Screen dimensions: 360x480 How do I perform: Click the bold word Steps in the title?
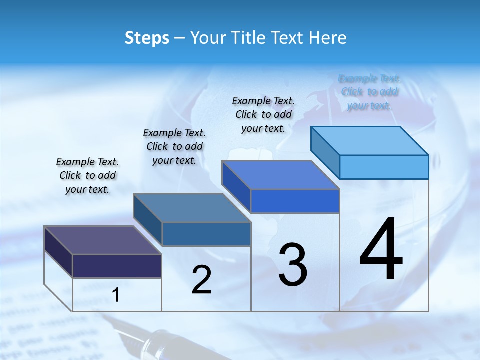(x=147, y=38)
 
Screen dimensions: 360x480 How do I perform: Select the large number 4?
(x=381, y=249)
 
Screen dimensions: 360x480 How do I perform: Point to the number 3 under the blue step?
(x=292, y=265)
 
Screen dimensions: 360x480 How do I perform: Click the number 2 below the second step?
(x=201, y=280)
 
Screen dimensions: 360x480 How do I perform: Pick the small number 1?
(x=116, y=295)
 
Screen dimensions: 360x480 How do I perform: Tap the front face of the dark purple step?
(x=117, y=266)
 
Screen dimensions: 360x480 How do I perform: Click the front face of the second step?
(x=206, y=234)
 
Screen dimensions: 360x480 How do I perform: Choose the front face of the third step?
(x=295, y=201)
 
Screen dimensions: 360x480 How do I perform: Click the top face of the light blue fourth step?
(x=369, y=140)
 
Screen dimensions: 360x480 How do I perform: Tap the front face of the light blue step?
(x=384, y=167)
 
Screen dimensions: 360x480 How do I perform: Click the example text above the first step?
(x=87, y=175)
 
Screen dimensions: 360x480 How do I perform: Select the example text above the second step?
(x=174, y=146)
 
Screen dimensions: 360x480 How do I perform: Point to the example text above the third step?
(x=263, y=114)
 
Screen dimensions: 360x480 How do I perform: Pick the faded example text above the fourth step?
(x=369, y=92)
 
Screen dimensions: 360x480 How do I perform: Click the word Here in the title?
(x=329, y=38)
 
